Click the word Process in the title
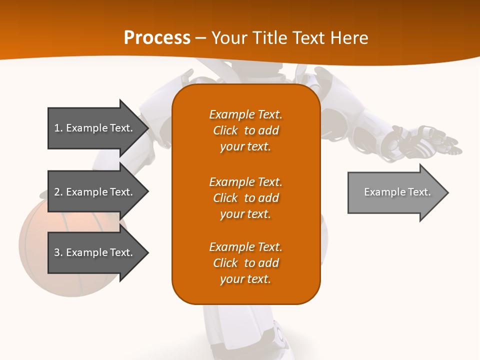click(157, 38)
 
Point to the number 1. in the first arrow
click(58, 128)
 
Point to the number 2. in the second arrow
click(58, 192)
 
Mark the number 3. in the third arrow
click(58, 252)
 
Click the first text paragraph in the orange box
click(245, 130)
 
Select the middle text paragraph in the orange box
click(245, 198)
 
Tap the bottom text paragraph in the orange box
click(245, 263)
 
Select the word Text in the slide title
click(309, 38)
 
